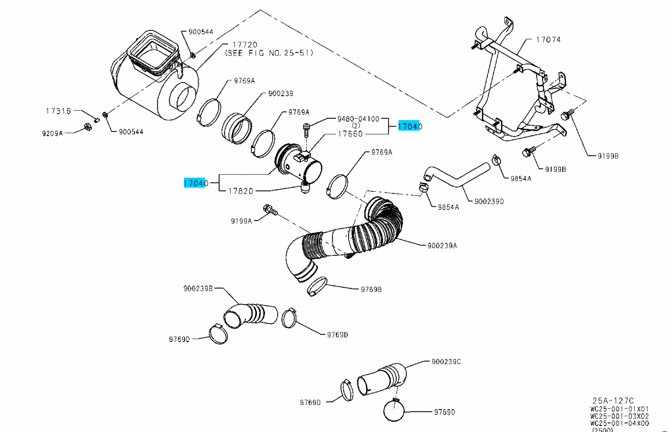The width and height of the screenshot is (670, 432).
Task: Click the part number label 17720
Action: (x=245, y=45)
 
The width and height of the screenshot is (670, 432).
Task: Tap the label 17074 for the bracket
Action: (x=548, y=40)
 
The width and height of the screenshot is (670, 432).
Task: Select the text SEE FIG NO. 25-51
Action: (x=269, y=53)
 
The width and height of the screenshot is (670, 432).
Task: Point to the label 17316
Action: (x=58, y=111)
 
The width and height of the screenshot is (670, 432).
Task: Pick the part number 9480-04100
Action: (x=358, y=119)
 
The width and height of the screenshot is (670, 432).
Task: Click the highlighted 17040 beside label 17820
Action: (x=195, y=183)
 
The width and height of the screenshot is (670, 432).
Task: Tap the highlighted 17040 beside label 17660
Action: (x=409, y=126)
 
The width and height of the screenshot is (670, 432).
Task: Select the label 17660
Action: (x=350, y=134)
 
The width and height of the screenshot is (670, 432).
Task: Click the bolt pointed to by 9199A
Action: (x=270, y=210)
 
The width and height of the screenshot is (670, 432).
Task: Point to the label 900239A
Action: (x=442, y=246)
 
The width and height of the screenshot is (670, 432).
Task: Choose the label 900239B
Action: (x=198, y=289)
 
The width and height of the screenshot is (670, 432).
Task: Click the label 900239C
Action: (x=446, y=362)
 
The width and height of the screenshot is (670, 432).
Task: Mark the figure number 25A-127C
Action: (x=613, y=401)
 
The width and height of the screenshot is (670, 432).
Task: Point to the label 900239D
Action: (x=489, y=201)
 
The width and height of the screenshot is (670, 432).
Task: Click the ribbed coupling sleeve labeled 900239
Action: (x=237, y=127)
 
